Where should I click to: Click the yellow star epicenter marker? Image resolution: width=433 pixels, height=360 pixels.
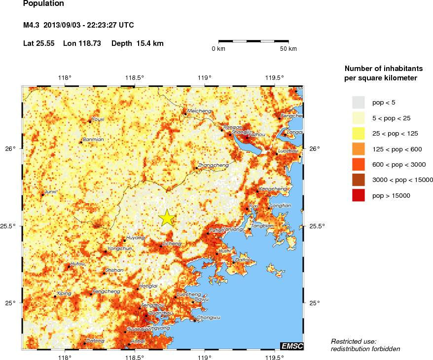point(167,217)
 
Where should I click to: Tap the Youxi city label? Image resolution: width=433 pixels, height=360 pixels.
point(98,119)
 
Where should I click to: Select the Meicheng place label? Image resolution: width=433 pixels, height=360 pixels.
point(195,111)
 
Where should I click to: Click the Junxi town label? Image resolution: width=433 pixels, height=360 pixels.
point(51,191)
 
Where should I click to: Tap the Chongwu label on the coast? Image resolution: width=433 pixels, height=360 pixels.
point(208,317)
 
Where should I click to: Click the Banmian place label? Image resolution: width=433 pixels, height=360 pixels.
point(93,139)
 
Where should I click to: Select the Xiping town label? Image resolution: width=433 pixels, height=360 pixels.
point(64,293)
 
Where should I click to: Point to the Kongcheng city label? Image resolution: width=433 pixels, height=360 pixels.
point(273,189)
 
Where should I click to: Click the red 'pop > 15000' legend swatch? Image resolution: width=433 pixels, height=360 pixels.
point(358,196)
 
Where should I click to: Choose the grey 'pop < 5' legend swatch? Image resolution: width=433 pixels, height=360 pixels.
point(358,102)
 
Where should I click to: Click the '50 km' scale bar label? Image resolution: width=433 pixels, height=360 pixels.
point(288,49)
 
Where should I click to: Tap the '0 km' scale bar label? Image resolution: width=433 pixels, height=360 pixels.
point(218,49)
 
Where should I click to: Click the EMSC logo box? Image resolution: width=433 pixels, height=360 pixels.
point(292,346)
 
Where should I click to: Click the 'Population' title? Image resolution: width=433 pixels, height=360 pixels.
point(43,4)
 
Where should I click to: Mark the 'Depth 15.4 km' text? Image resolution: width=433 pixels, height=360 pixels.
point(138,43)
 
